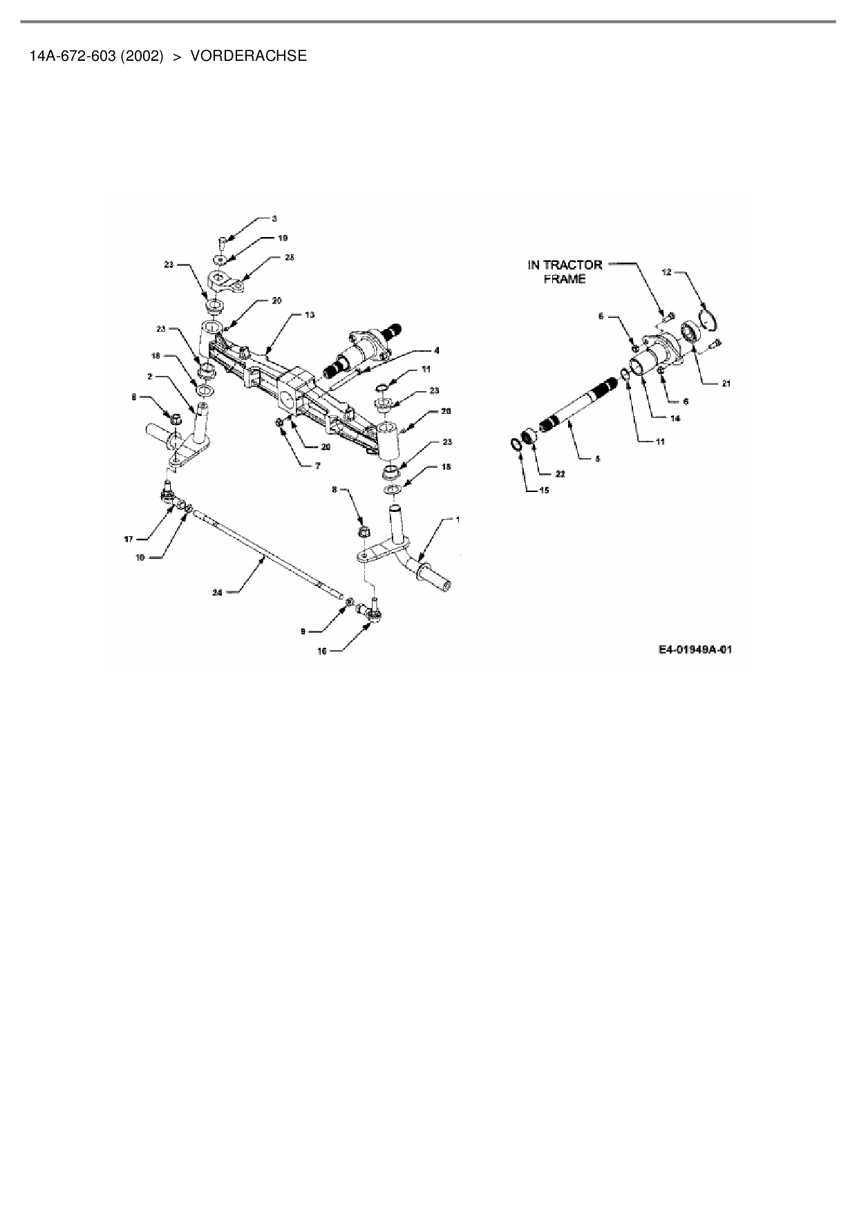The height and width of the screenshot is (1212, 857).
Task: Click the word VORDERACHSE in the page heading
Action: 248,56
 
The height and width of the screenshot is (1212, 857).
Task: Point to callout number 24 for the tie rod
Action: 216,591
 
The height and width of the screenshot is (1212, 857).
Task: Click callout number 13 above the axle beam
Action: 310,315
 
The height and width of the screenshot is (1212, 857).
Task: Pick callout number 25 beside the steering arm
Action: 289,258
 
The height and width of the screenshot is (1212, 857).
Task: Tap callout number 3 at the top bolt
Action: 274,219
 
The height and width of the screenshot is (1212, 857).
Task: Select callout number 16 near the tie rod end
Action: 322,651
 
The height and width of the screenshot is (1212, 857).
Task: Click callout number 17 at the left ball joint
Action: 128,538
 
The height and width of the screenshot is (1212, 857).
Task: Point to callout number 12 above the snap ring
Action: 666,272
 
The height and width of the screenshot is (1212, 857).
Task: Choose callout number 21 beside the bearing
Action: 726,384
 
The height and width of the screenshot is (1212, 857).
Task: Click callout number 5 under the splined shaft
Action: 598,458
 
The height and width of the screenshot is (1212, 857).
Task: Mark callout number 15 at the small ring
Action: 544,490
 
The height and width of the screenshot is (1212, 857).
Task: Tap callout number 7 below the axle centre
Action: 317,466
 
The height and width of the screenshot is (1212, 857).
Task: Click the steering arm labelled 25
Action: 226,283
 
